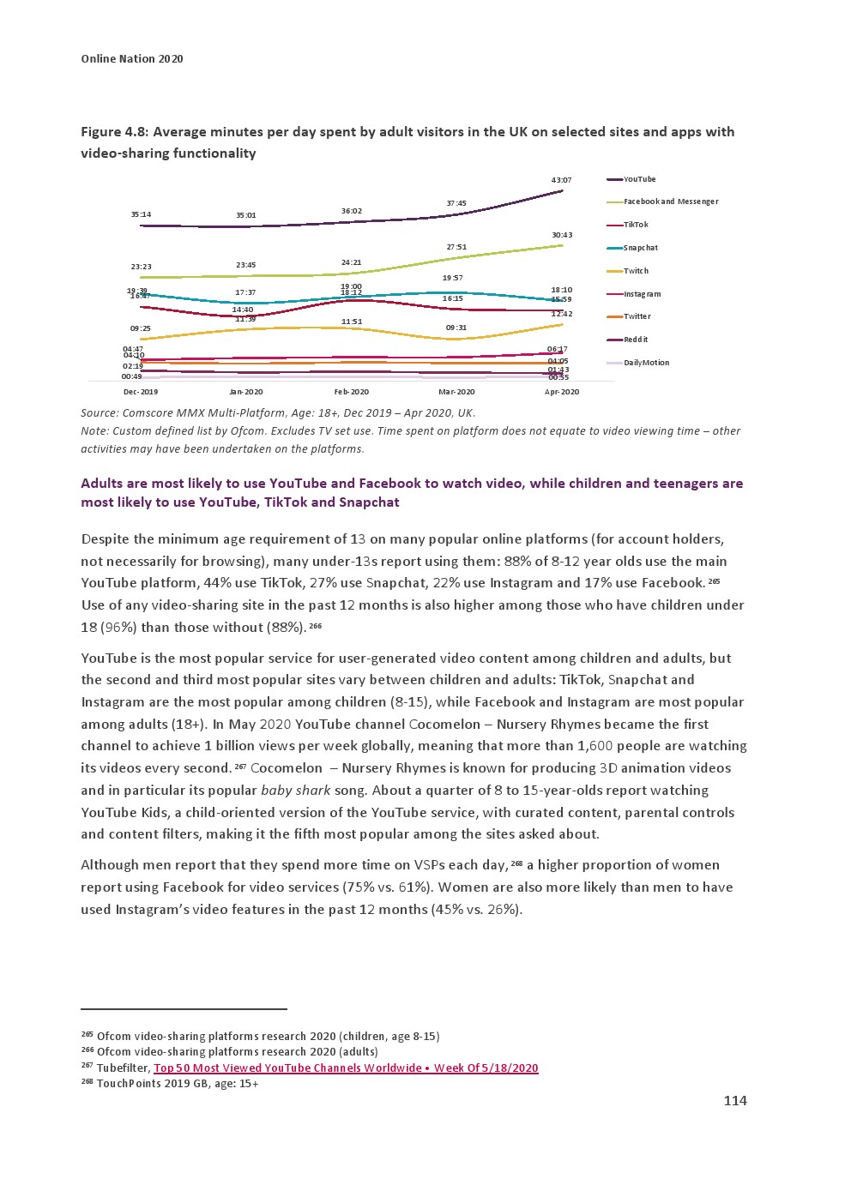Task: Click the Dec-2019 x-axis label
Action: coord(141,392)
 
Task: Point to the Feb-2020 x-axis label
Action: coord(352,392)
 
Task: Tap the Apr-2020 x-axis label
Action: coord(562,392)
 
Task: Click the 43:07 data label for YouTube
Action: coord(561,180)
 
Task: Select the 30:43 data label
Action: coord(562,235)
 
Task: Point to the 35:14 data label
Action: coord(141,214)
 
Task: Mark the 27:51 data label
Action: coord(456,247)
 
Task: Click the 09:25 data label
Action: coord(141,328)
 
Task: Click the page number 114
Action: coord(735,1101)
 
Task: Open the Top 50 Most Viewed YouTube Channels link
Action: coord(346,1068)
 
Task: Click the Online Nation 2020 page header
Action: coord(132,59)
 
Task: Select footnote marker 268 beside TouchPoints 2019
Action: coord(86,1082)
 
